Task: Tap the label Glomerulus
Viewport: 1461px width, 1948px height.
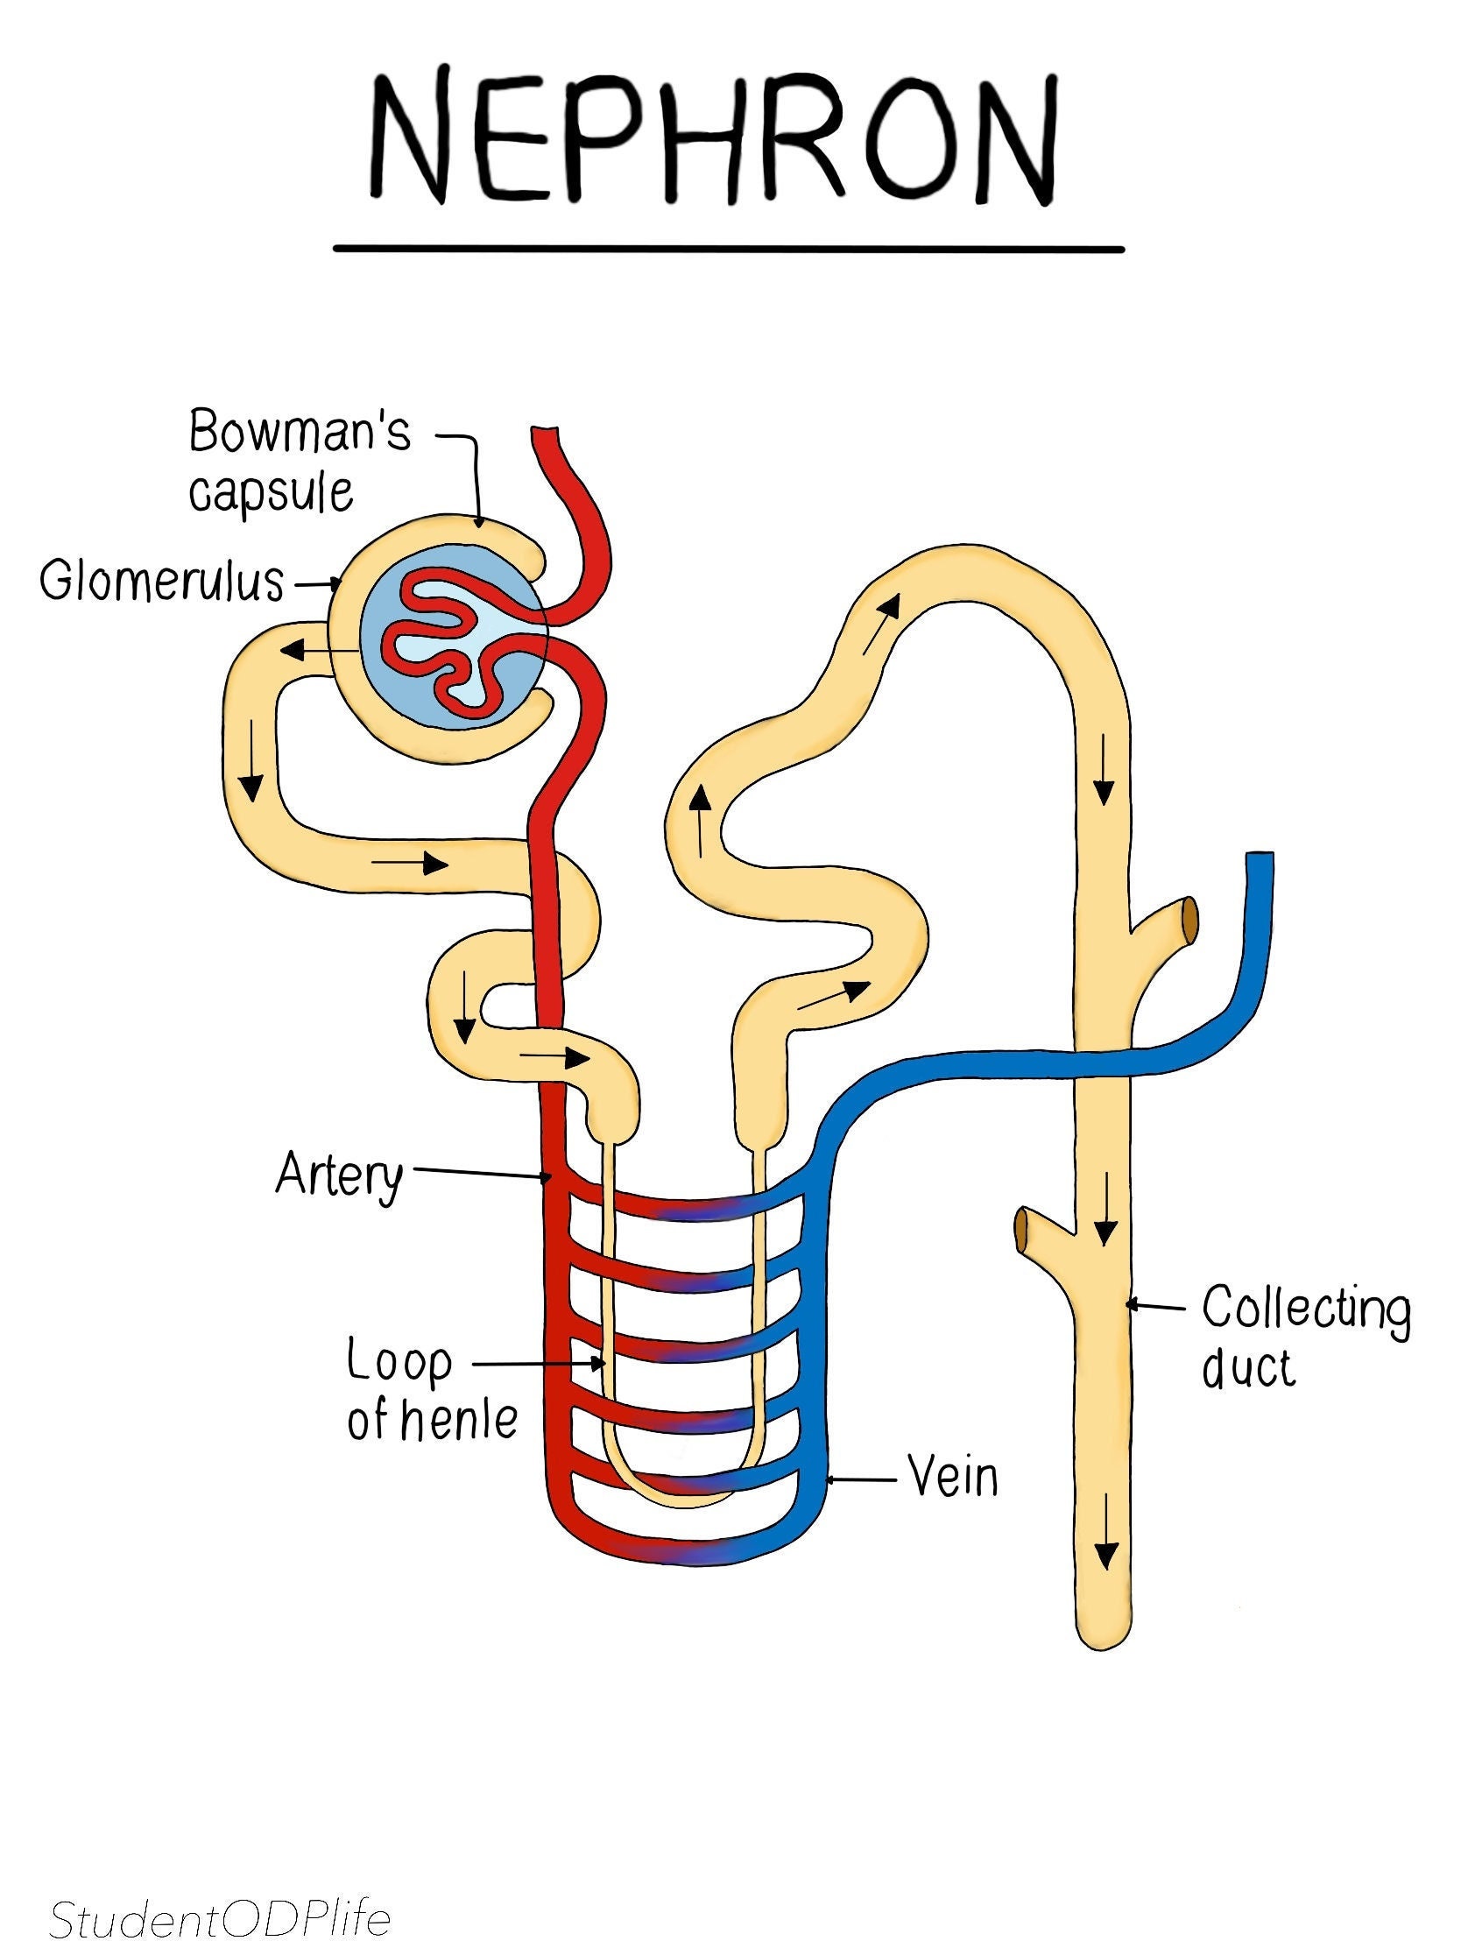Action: [162, 582]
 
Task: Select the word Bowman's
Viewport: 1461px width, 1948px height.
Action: [300, 433]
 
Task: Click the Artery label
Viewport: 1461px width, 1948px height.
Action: [339, 1175]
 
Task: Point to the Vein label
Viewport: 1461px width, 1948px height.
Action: [953, 1475]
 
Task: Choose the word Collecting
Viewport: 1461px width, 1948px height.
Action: [1305, 1309]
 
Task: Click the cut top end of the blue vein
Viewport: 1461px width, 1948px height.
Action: [1260, 858]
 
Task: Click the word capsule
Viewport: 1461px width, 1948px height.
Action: [272, 491]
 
